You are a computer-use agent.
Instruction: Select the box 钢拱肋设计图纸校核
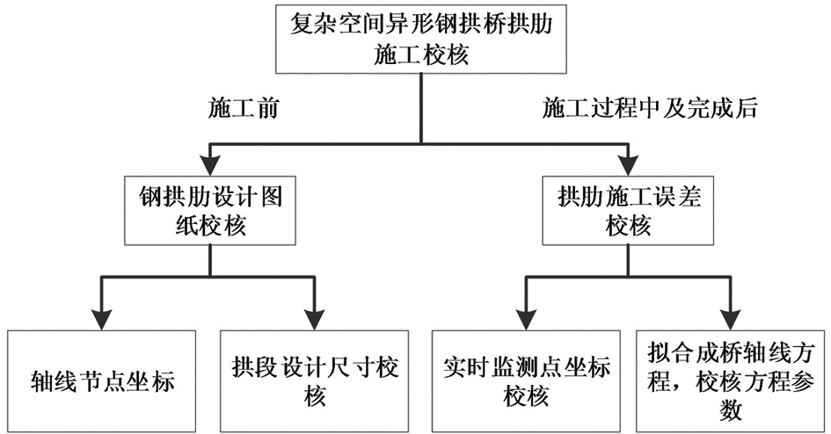click(x=210, y=211)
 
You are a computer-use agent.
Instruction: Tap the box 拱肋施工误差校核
click(x=629, y=211)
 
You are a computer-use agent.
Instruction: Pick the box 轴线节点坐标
click(x=102, y=381)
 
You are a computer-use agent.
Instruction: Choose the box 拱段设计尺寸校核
click(x=314, y=381)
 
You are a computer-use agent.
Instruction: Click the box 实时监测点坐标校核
click(x=526, y=381)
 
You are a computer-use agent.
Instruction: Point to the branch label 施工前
click(x=244, y=109)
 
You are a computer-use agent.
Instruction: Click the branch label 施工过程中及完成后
click(x=650, y=109)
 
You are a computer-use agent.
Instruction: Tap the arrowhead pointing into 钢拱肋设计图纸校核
click(x=210, y=165)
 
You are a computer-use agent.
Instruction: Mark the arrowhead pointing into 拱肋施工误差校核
click(x=629, y=165)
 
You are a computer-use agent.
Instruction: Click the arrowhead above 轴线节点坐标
click(x=102, y=319)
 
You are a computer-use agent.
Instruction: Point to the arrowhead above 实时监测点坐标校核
click(x=526, y=319)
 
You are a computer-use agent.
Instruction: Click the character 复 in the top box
click(x=302, y=25)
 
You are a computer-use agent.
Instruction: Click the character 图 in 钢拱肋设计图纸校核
click(x=271, y=198)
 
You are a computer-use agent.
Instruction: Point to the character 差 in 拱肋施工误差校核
click(x=689, y=198)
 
